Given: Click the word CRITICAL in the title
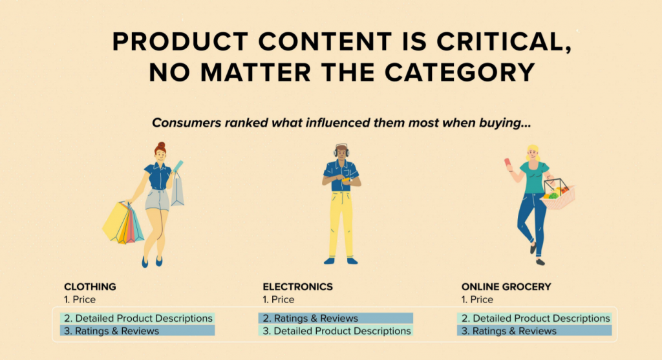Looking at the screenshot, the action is [x=504, y=42].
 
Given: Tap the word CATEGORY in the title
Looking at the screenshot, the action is [x=460, y=72].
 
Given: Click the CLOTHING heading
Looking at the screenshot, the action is [x=90, y=286].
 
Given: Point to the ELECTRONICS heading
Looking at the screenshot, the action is [x=297, y=286].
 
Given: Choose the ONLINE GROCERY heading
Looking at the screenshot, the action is [x=506, y=286].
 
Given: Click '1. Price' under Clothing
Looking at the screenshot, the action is [x=80, y=300].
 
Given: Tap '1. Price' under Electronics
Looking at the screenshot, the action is [x=279, y=300].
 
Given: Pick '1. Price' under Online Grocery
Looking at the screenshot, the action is [x=477, y=300].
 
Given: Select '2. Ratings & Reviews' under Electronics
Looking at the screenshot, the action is [x=310, y=318].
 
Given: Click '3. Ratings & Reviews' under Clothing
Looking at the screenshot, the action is [x=111, y=331].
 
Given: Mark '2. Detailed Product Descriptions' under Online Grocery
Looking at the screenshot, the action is [x=535, y=318].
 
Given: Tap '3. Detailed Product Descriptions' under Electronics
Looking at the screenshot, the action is [x=336, y=331].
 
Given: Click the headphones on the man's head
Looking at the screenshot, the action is [x=341, y=149].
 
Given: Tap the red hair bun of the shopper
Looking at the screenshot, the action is [x=160, y=145].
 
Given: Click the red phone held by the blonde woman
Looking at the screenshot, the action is [x=507, y=162].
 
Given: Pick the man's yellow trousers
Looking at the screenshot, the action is [x=341, y=224].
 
